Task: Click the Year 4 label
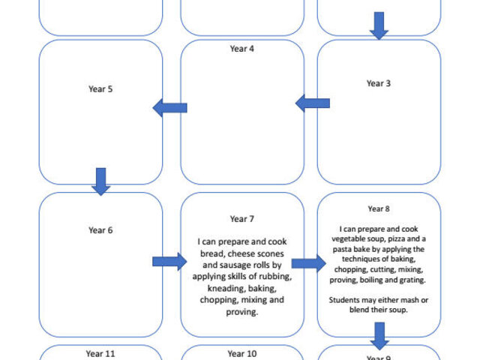coord(241,49)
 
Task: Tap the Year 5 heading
coord(100,89)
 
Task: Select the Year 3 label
coord(379,83)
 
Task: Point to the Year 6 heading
coord(100,230)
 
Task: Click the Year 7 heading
coord(241,219)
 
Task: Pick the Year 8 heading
coord(379,208)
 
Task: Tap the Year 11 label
coord(100,353)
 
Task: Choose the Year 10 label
coord(241,353)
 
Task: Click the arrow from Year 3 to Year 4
coord(313,103)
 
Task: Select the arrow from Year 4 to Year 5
coord(170,108)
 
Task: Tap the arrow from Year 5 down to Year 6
coord(100,181)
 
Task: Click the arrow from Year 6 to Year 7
coord(169,262)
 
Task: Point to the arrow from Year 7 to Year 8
coord(308,263)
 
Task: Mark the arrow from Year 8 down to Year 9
coord(379,336)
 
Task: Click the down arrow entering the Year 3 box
coord(379,25)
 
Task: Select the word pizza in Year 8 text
coord(395,238)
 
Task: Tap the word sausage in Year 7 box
coord(232,265)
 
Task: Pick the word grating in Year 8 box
coord(412,280)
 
